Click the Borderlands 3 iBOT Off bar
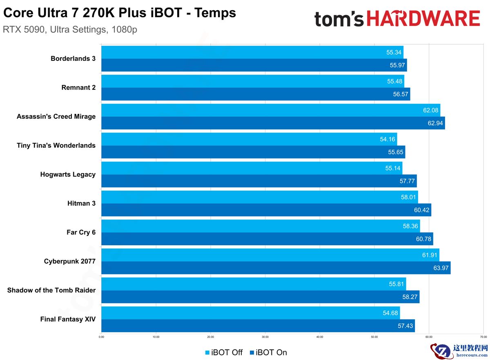[245, 52]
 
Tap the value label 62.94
[435, 123]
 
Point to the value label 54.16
[388, 139]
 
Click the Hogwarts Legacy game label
[68, 174]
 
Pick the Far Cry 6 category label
[81, 232]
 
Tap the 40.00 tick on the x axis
[320, 337]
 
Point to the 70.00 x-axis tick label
[483, 337]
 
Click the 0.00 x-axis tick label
[101, 337]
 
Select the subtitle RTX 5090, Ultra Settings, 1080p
[70, 30]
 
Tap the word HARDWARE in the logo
[423, 19]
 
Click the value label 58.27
[410, 297]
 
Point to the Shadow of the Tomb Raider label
[51, 290]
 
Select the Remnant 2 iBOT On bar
[253, 94]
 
